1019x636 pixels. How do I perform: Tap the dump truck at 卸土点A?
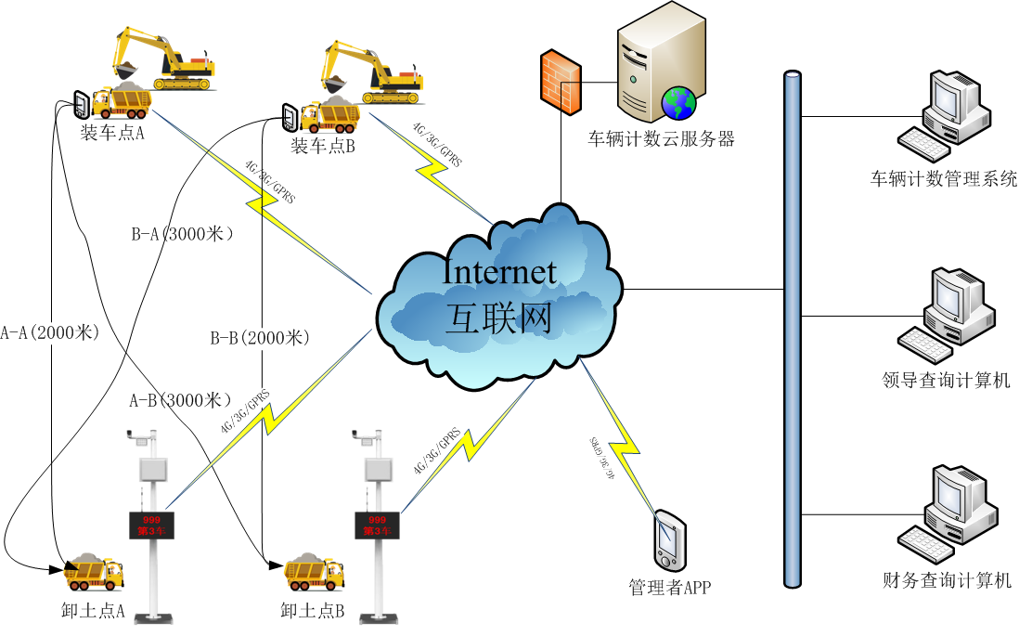click(94, 572)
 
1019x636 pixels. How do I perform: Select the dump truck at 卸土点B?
click(316, 572)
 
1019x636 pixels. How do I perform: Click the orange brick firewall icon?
click(561, 83)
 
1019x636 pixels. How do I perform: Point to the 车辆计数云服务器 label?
click(661, 139)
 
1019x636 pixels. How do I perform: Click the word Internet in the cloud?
click(499, 272)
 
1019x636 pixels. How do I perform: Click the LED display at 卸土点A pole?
click(149, 525)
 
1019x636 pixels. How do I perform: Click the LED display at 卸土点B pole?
click(376, 525)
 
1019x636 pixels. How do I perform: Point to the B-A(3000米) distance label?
click(182, 235)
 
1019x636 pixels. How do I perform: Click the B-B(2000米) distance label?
click(260, 337)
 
